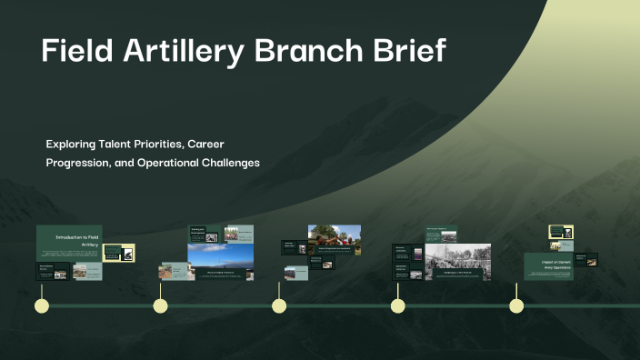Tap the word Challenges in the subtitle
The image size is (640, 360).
[228, 163]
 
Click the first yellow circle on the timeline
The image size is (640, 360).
[41, 305]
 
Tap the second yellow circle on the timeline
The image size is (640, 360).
[160, 305]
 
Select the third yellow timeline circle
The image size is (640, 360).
[279, 305]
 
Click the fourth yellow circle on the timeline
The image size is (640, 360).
[397, 305]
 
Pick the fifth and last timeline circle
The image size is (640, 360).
[516, 305]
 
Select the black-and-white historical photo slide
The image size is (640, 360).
[457, 262]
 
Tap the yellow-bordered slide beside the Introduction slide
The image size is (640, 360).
[119, 254]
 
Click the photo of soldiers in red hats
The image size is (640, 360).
[334, 240]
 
